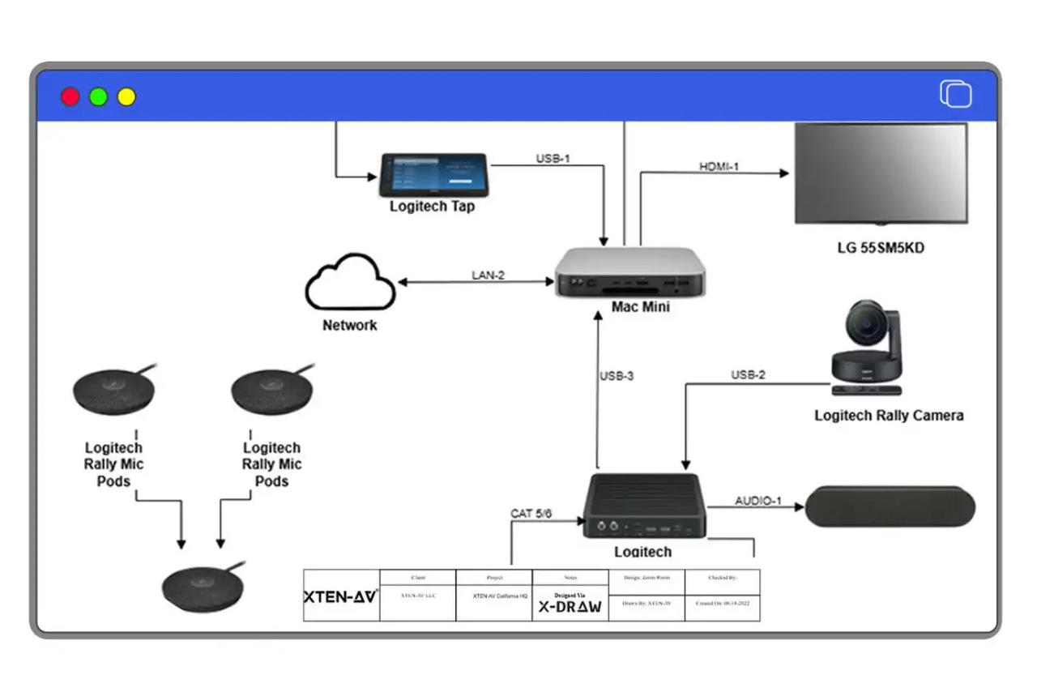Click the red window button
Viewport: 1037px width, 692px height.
click(x=70, y=97)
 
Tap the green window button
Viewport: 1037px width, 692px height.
click(x=98, y=97)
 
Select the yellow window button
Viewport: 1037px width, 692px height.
click(x=126, y=97)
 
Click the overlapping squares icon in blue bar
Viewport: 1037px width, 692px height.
click(x=955, y=94)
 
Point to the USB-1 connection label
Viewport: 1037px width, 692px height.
click(x=553, y=158)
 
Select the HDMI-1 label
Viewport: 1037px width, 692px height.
click(x=719, y=167)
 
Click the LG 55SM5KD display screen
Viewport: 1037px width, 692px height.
click(x=881, y=173)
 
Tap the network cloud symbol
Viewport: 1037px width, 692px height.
click(x=349, y=282)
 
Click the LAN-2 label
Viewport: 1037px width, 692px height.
click(x=488, y=276)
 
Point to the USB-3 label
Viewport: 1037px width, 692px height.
click(x=617, y=376)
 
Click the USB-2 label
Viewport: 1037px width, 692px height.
click(x=748, y=375)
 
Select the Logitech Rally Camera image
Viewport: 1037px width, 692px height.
click(x=868, y=349)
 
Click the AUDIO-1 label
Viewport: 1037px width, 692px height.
click(x=758, y=501)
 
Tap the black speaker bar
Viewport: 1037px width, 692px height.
click(x=890, y=507)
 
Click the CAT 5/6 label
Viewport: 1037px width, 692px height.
click(x=532, y=514)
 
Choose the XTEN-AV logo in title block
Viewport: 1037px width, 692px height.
click(x=340, y=596)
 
